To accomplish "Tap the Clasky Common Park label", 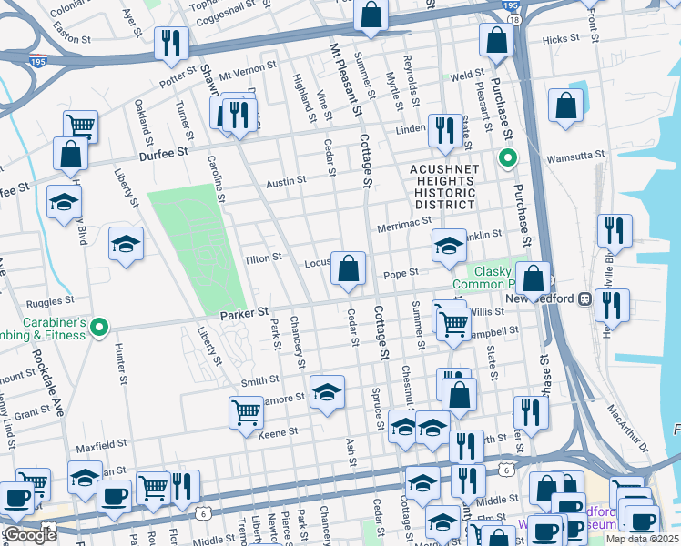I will pyautogui.click(x=492, y=278).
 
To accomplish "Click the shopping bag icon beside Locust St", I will pyautogui.click(x=348, y=268).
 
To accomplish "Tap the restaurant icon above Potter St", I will pyautogui.click(x=171, y=43).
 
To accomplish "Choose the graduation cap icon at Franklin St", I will pyautogui.click(x=449, y=246).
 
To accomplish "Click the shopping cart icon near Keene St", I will pyautogui.click(x=246, y=412).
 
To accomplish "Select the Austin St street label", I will pyautogui.click(x=286, y=182).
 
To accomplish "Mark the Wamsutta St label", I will pyautogui.click(x=574, y=157).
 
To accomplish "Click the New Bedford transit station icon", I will pyautogui.click(x=584, y=298).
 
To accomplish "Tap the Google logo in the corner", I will pyautogui.click(x=30, y=536).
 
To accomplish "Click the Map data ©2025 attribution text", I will pyautogui.click(x=643, y=539).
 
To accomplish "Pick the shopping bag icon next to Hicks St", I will pyautogui.click(x=496, y=41).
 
